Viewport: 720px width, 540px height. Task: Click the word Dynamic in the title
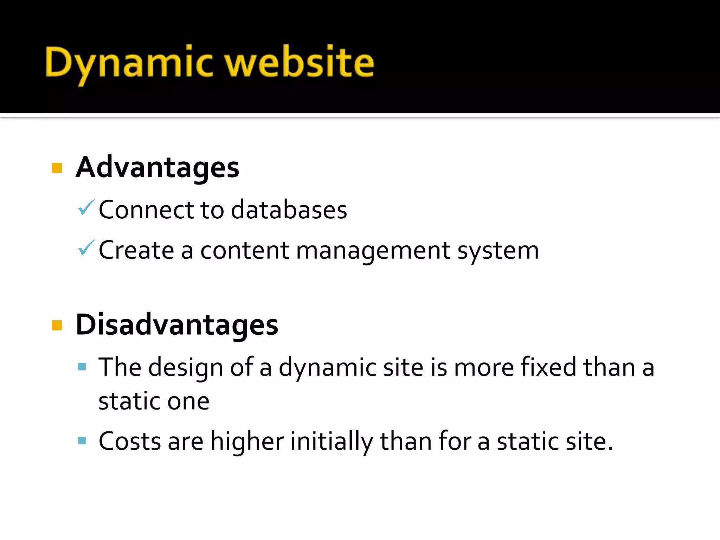coord(129,63)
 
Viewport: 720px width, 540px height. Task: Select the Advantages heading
coord(157,167)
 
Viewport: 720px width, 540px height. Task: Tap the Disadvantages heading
coord(177,324)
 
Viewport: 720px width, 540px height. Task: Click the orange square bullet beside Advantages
coord(57,168)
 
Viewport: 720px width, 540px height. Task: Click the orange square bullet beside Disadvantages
coord(57,325)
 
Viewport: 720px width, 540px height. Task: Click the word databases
coord(289,210)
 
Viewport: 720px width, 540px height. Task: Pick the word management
coord(373,251)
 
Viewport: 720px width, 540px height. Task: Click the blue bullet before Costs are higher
coord(82,441)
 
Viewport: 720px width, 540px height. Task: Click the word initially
coord(332,441)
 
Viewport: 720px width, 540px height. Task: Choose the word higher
coord(247,441)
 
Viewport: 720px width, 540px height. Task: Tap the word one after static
coord(188,401)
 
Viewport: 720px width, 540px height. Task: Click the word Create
coord(136,250)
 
